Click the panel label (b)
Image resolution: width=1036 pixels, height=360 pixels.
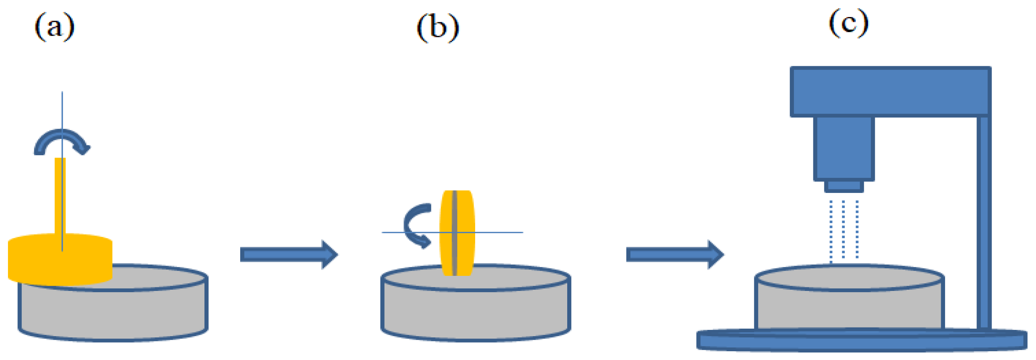coord(437,28)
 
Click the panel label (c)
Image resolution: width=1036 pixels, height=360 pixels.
coord(849,24)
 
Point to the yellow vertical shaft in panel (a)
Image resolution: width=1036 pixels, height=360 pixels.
coord(60,193)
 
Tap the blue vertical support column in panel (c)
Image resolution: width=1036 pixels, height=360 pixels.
coord(983,221)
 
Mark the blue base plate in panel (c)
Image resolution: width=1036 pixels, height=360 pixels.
coord(861,340)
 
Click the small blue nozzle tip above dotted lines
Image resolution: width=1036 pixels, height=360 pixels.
coord(844,186)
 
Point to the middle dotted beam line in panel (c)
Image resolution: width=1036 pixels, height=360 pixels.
coord(843,229)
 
